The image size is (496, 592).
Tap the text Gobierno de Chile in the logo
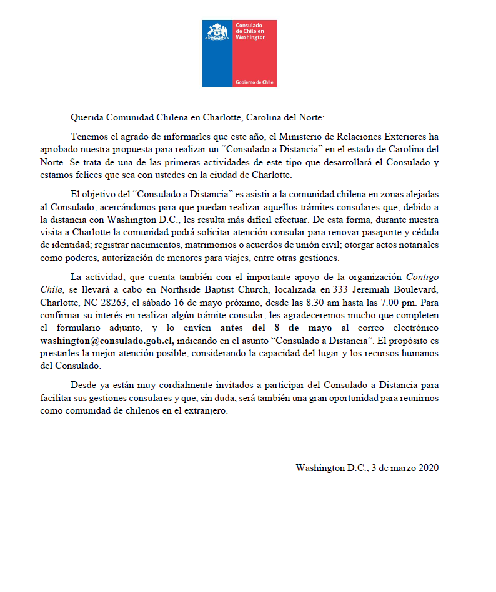pyautogui.click(x=254, y=82)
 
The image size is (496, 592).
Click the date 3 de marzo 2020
pyautogui.click(x=405, y=467)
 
